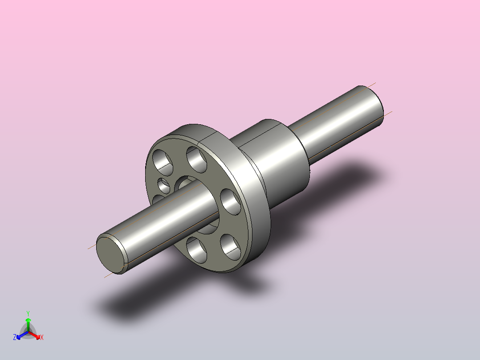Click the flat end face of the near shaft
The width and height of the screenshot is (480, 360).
[x=111, y=254]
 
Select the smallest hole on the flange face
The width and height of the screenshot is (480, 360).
[x=164, y=186]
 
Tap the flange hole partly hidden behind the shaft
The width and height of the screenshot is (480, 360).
[x=157, y=199]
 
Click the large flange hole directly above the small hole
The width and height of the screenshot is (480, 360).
[x=163, y=162]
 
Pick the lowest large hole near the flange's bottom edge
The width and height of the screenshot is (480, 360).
[x=196, y=250]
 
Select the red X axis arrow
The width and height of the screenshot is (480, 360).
[x=35, y=335]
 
